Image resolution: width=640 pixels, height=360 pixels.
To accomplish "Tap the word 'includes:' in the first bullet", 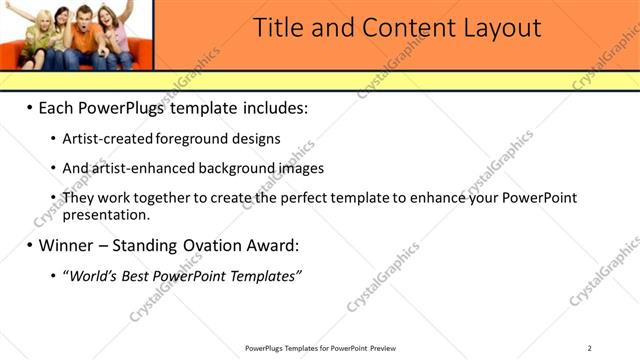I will coord(272,107).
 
